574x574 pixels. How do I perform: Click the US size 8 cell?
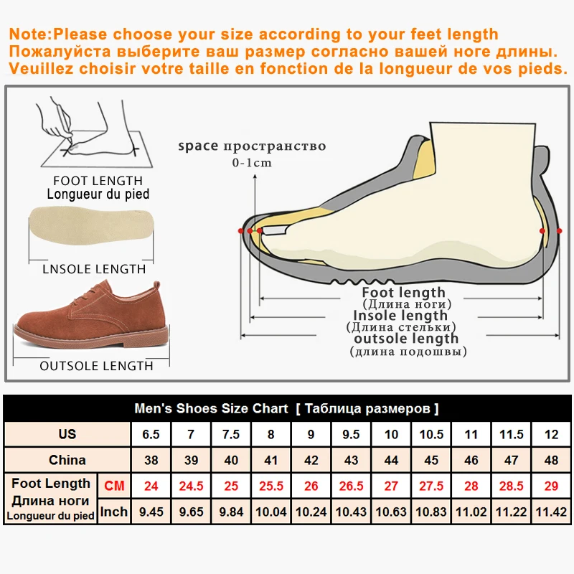270,434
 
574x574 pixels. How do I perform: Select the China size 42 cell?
311,460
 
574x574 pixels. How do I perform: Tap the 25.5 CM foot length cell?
270,486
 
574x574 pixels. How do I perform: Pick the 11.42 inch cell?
551,512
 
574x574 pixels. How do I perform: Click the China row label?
67,460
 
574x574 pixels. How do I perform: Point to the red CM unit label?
114,486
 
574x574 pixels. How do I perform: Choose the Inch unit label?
114,512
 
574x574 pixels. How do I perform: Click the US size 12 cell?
551,434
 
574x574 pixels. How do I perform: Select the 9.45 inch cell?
151,512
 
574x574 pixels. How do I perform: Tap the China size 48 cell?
551,460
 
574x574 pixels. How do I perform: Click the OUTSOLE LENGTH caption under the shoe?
96,366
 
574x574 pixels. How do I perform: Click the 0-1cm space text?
252,163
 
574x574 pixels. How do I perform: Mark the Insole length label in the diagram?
400,315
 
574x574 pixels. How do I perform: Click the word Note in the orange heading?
31,34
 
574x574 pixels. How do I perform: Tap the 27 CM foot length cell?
391,486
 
